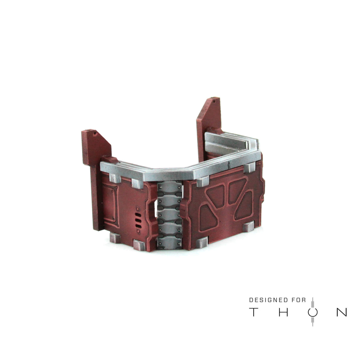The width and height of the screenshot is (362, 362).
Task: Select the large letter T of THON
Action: coord(253,312)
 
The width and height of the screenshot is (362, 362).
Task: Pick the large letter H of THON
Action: coord(283,312)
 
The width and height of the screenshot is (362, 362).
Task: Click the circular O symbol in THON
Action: coord(313,313)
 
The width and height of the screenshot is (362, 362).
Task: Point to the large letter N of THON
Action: coord(342,312)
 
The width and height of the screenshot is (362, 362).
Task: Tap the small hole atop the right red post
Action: coord(215,101)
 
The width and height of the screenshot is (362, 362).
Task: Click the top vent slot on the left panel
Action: coord(138,215)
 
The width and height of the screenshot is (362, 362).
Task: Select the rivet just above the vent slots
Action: coord(138,209)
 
